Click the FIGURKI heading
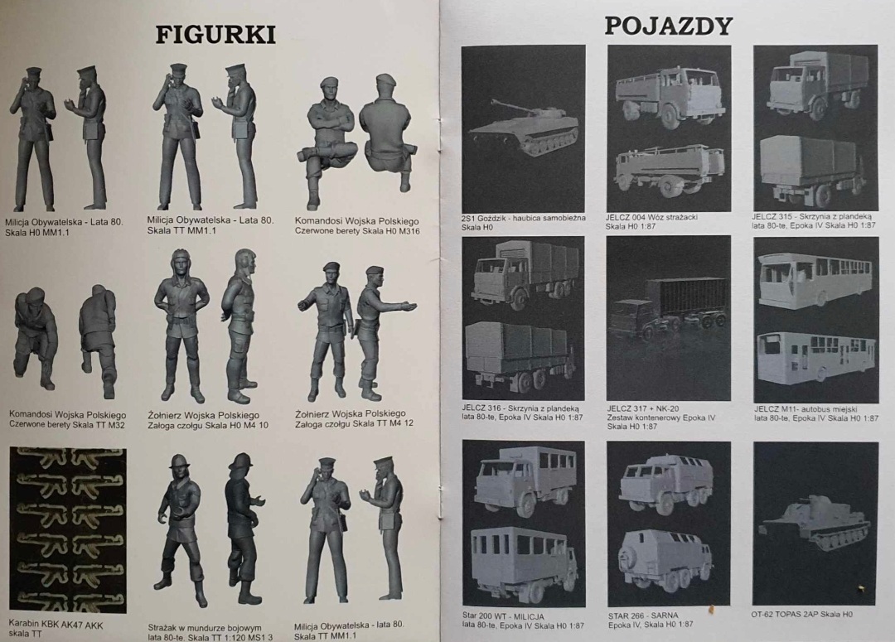point(215,35)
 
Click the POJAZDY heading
point(668,26)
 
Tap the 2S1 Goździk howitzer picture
point(524,129)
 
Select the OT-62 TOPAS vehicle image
point(816,524)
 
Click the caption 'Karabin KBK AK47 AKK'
point(56,625)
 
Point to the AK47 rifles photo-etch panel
point(68,530)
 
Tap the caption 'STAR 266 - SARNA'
point(643,615)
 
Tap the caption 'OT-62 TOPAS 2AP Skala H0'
point(801,614)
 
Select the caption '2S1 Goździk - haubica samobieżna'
point(524,218)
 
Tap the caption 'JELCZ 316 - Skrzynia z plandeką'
point(520,408)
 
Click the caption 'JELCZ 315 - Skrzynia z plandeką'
point(811,216)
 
